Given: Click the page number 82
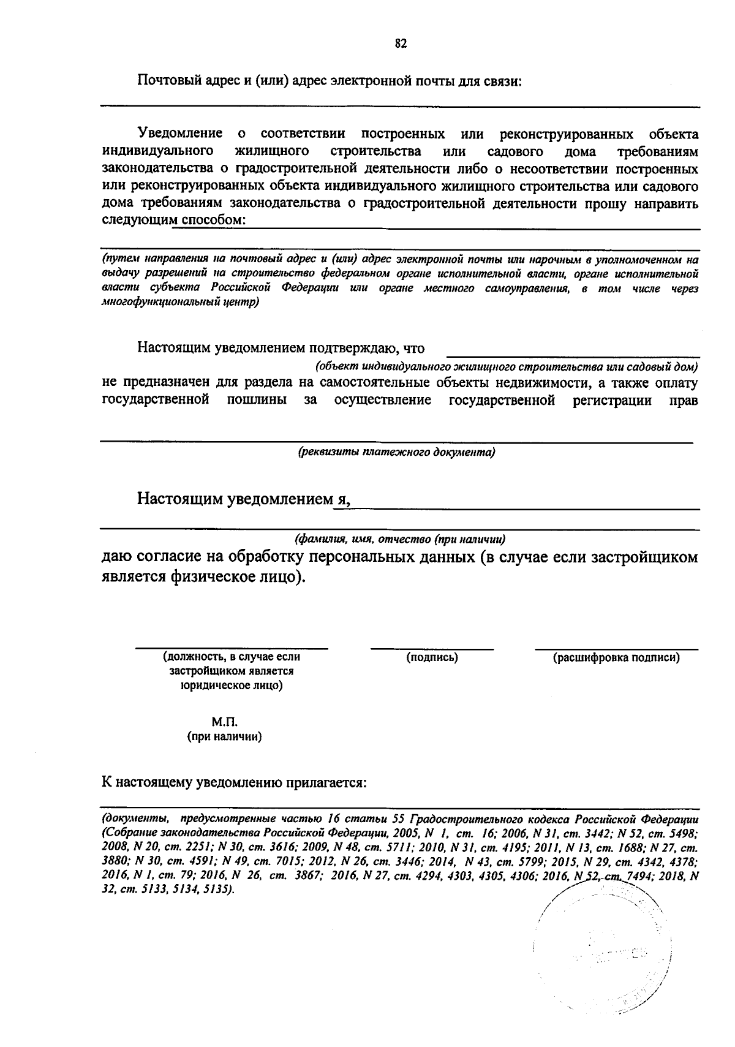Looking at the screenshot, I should point(401,43).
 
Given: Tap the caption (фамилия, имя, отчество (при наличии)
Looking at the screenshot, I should point(400,540).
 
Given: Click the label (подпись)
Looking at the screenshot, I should point(432,657).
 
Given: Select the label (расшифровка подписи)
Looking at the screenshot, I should point(616,657).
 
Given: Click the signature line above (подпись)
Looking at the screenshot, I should point(432,648).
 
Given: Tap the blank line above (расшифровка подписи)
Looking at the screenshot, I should point(616,648).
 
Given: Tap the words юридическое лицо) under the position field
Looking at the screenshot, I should point(231,686).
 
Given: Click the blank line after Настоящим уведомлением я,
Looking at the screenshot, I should point(527,508).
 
